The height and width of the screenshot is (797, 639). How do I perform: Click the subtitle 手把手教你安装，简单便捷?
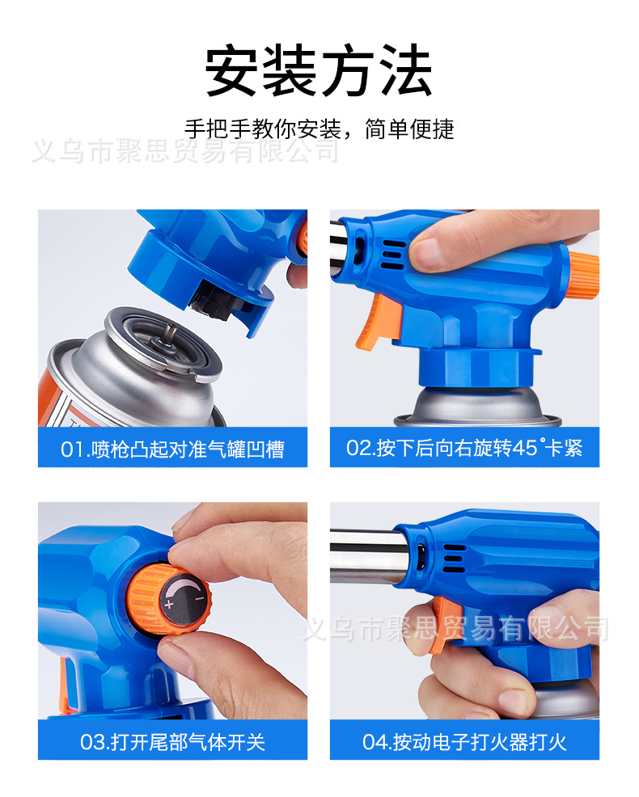[x=319, y=129]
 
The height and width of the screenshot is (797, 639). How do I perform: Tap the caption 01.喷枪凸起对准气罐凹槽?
[x=172, y=448]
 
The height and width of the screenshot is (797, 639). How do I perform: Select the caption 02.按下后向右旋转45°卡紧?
[x=464, y=448]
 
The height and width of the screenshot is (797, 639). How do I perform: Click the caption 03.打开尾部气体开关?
[x=172, y=740]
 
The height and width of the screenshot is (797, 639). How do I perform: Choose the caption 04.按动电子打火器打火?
[x=464, y=740]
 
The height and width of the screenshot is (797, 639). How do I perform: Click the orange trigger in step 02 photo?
[x=378, y=324]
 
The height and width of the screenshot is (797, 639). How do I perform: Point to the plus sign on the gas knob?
[x=170, y=604]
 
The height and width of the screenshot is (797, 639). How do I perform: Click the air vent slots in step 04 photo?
[x=455, y=555]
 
